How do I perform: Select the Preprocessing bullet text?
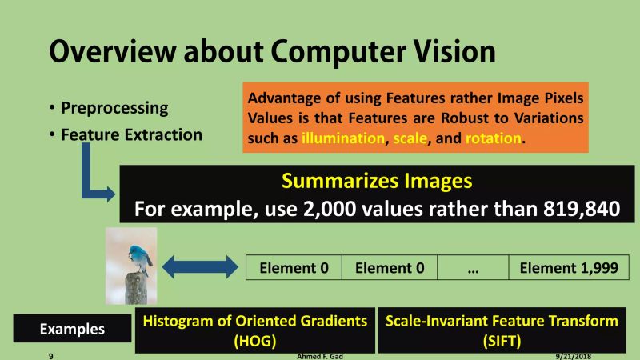(x=114, y=107)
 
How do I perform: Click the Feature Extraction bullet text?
(x=132, y=134)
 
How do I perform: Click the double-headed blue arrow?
(x=196, y=266)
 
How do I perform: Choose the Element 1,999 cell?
(x=569, y=268)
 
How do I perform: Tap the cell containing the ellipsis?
(x=472, y=268)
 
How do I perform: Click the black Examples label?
(x=72, y=329)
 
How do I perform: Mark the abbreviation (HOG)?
(x=254, y=341)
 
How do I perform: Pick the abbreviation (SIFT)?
(x=502, y=341)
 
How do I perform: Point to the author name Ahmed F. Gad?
(x=321, y=356)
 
